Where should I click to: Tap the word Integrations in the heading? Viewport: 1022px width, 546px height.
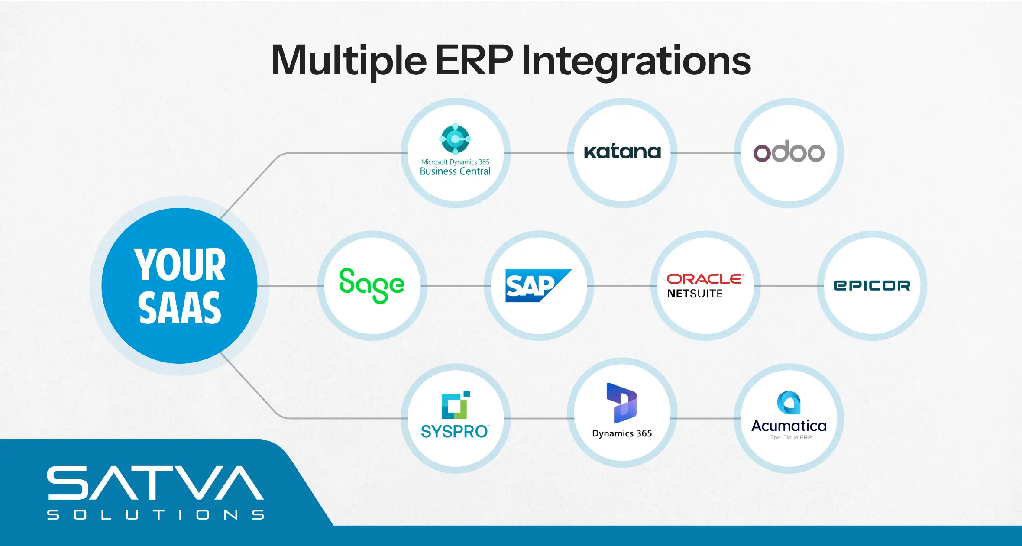coord(636,61)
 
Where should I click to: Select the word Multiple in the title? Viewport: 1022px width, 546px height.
coord(349,61)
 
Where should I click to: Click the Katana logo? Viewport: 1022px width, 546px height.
coord(622,152)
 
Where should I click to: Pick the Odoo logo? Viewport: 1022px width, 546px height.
coord(789,152)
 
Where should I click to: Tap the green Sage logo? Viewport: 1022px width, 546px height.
coord(372,285)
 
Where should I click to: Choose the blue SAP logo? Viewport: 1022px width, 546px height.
coord(538,285)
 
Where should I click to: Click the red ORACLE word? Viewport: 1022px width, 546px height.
coord(705,279)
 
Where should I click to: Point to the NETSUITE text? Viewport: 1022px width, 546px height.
coord(695,294)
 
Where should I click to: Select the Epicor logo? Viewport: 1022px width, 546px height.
coord(872,285)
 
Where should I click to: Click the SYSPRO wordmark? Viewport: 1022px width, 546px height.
coord(455,432)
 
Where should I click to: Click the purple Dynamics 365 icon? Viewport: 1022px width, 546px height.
coord(621,403)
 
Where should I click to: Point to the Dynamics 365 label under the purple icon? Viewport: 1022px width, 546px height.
coord(622,433)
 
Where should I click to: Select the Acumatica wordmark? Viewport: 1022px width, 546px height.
coord(789,426)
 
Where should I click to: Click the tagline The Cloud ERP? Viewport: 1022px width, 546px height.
coord(791,438)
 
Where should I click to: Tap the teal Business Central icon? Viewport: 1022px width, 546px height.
coord(455,139)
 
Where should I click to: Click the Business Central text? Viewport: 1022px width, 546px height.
coord(455,171)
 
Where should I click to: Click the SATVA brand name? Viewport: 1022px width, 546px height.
coord(155,483)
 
